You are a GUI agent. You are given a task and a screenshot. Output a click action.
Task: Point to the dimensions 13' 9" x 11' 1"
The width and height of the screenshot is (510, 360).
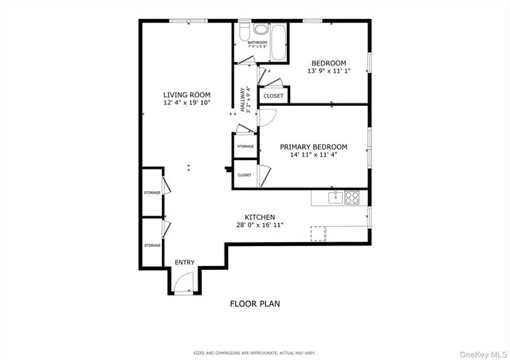pyautogui.click(x=328, y=72)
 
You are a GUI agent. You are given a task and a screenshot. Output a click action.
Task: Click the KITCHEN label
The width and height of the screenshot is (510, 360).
pyautogui.click(x=260, y=217)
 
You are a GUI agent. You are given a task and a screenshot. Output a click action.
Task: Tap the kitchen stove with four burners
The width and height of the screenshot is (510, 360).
pyautogui.click(x=351, y=196)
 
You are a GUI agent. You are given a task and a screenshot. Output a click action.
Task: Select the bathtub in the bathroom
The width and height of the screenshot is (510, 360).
pyautogui.click(x=279, y=43)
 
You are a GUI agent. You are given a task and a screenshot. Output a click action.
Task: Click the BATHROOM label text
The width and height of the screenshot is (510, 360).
pyautogui.click(x=257, y=42)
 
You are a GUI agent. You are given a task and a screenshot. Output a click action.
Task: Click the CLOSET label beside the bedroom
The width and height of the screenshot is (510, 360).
pyautogui.click(x=273, y=96)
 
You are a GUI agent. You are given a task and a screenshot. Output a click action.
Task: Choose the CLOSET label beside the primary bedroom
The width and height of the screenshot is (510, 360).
pyautogui.click(x=245, y=175)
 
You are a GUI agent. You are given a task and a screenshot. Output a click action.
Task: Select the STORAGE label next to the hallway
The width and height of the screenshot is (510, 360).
pyautogui.click(x=245, y=147)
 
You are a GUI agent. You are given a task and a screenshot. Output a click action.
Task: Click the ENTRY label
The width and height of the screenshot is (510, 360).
pyautogui.click(x=184, y=262)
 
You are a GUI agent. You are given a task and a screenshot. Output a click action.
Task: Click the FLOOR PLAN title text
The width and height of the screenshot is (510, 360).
pyautogui.click(x=255, y=303)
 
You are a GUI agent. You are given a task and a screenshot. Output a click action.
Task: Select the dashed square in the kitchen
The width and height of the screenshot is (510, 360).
pyautogui.click(x=318, y=233)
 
